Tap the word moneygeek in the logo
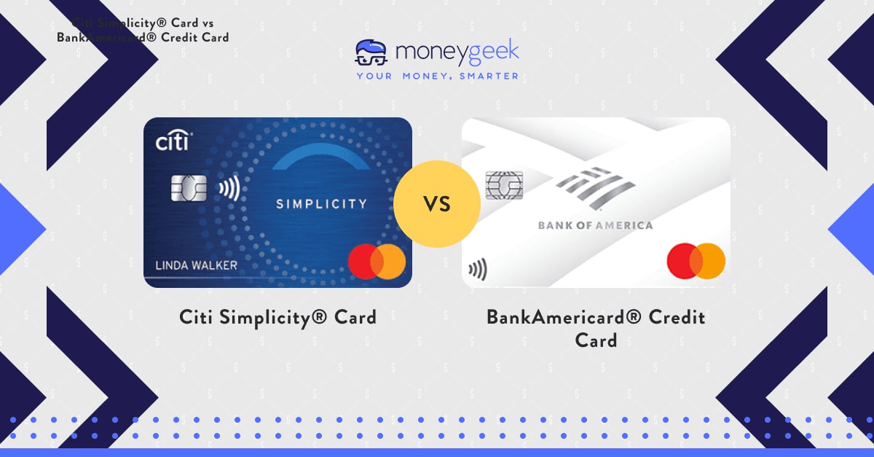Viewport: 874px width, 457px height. tap(457, 52)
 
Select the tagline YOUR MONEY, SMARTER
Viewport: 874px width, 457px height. tap(437, 76)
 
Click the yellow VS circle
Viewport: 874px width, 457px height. tap(437, 204)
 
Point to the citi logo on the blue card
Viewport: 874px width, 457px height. tap(173, 141)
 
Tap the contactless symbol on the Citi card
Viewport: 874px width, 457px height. tap(229, 188)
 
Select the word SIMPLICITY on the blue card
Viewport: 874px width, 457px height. tap(320, 204)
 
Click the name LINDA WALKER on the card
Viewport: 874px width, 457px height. tap(196, 265)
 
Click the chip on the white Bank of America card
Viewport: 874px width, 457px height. tap(504, 185)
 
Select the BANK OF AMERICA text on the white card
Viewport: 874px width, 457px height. tap(595, 225)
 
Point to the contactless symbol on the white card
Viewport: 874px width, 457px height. tap(478, 270)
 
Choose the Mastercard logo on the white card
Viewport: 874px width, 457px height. tap(696, 261)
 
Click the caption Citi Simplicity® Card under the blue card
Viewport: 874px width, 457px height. tap(277, 318)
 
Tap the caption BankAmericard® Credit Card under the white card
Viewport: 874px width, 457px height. tap(595, 329)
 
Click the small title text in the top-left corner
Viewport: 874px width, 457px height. tap(143, 30)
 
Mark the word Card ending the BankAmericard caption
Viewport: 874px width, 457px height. tap(595, 340)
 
